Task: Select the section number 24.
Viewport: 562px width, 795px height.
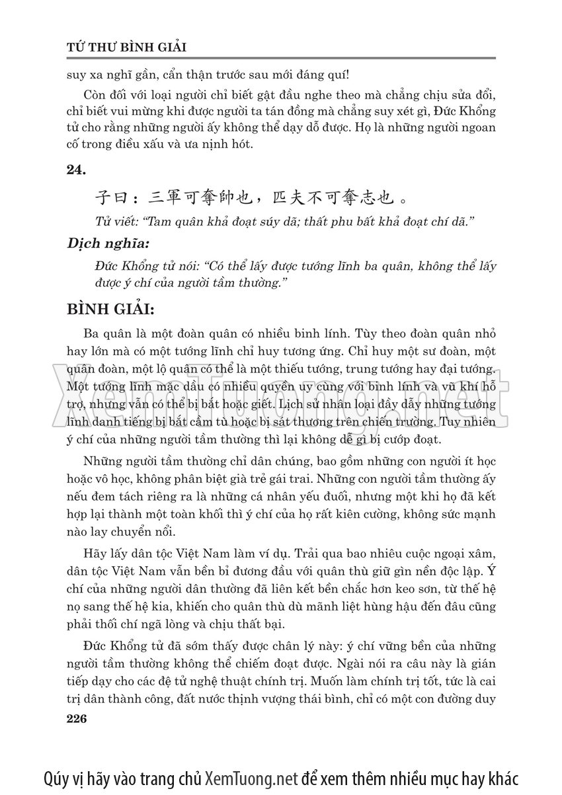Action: [x=77, y=170]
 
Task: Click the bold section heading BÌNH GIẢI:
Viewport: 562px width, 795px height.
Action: [x=111, y=309]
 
